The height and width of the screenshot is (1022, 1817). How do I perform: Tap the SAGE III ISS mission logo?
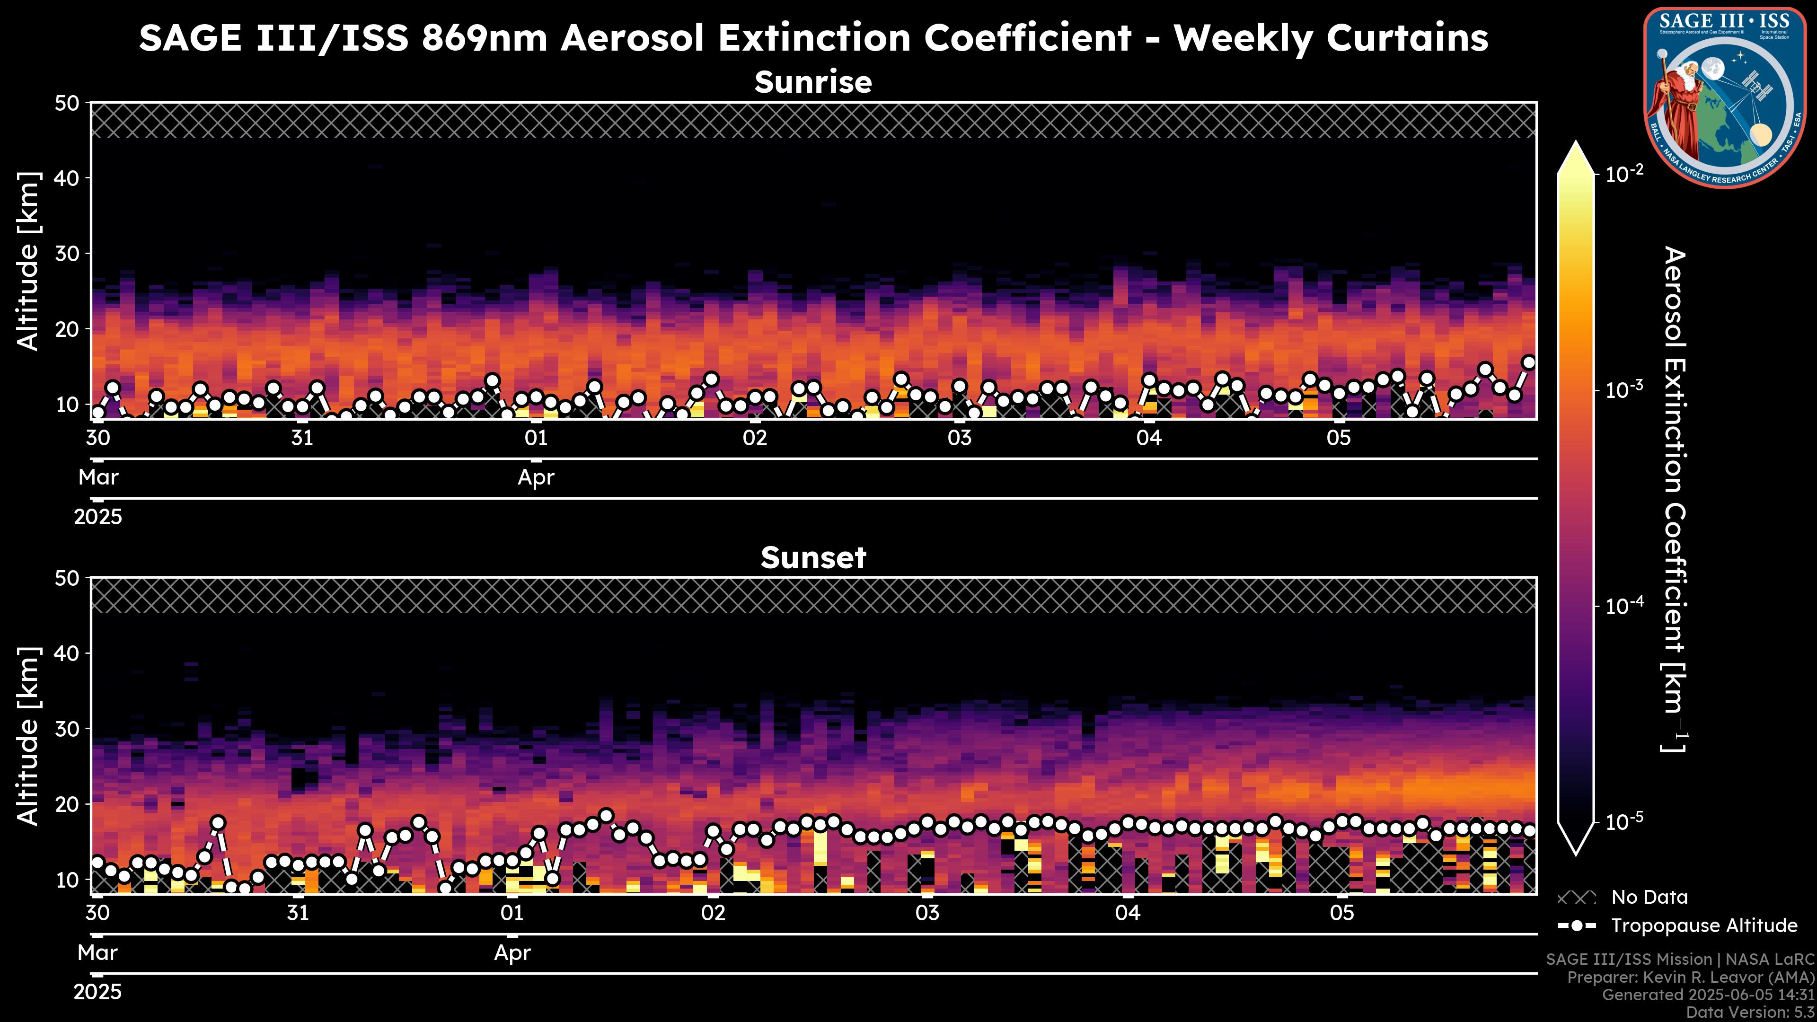1725,97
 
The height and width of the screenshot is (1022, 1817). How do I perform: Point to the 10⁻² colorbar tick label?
1624,174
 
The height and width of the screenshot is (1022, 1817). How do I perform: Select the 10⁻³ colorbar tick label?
1624,390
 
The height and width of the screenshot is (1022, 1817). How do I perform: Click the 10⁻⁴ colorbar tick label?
1624,606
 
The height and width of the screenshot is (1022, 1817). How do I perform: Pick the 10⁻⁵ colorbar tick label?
1624,822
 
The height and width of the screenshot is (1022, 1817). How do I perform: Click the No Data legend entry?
1649,897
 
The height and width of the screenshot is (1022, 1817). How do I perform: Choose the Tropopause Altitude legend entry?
1703,925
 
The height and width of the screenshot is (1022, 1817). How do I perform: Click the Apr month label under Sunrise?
536,477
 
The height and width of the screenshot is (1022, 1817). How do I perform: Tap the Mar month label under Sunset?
97,953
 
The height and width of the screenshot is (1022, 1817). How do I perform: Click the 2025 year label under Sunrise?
98,517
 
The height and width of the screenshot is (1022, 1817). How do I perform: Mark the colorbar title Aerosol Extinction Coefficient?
1674,499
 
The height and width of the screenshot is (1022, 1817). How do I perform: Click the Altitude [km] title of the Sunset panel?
28,736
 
